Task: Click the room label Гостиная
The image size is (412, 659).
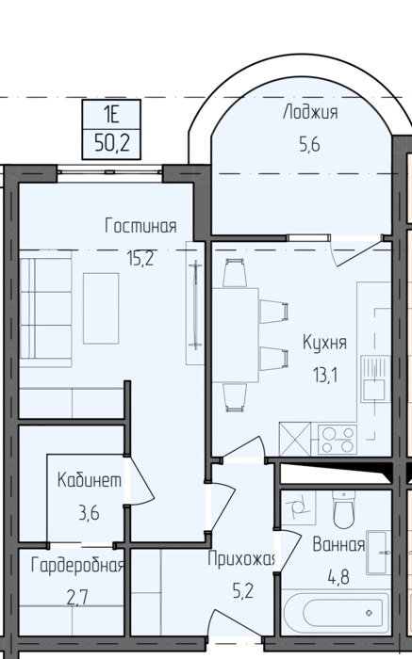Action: [140, 226]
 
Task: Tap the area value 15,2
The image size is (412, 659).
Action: [140, 258]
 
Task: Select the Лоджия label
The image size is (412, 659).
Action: [310, 113]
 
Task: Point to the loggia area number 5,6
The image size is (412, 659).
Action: [310, 144]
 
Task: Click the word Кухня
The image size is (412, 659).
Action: [325, 343]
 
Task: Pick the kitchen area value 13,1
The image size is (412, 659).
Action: [325, 375]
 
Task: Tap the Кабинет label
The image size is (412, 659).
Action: [90, 480]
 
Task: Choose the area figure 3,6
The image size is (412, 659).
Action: [89, 513]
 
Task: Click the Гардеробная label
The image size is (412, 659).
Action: [78, 565]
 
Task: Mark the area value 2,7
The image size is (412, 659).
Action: [78, 597]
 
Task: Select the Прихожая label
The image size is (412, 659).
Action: [241, 559]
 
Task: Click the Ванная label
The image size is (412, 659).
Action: [338, 545]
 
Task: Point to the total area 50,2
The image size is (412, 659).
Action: [111, 144]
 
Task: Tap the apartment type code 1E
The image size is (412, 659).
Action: [111, 114]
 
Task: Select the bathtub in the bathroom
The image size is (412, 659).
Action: [337, 612]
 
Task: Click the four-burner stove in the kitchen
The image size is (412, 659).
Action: [338, 440]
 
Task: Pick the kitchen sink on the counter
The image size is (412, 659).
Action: [375, 379]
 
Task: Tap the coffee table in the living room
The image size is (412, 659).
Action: [101, 308]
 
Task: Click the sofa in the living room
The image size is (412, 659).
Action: [45, 309]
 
